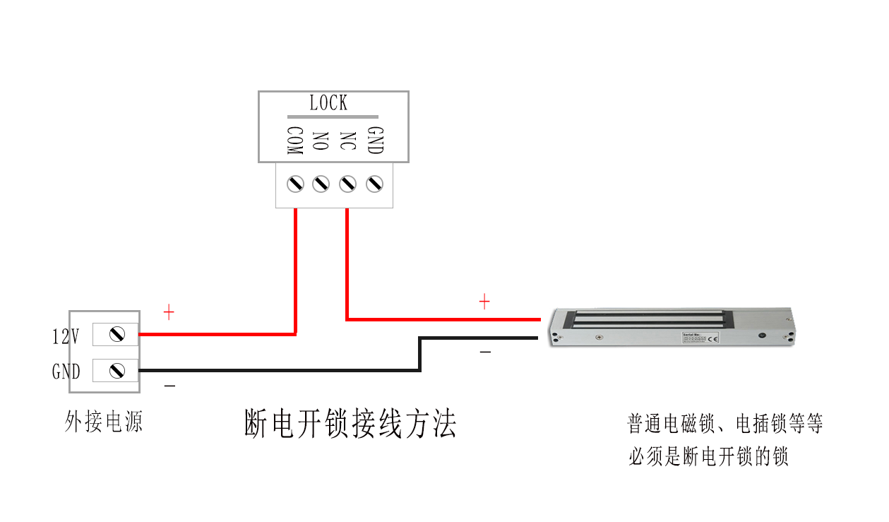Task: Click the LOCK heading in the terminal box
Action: point(328,103)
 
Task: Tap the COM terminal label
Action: point(294,141)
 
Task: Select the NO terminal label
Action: point(320,141)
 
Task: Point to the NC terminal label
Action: point(347,141)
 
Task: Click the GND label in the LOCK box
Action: point(375,141)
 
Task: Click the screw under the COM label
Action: point(294,184)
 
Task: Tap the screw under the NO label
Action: point(321,184)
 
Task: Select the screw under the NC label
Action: point(347,184)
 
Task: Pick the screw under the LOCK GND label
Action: point(374,184)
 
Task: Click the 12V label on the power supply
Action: point(66,336)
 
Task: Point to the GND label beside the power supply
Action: point(66,372)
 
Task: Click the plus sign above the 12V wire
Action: point(169,312)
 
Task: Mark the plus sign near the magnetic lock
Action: point(484,302)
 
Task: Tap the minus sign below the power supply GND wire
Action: point(169,386)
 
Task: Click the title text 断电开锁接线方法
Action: point(350,424)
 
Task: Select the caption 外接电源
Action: point(104,422)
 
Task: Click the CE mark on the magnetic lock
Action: point(713,339)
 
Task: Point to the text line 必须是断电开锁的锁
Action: point(708,456)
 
